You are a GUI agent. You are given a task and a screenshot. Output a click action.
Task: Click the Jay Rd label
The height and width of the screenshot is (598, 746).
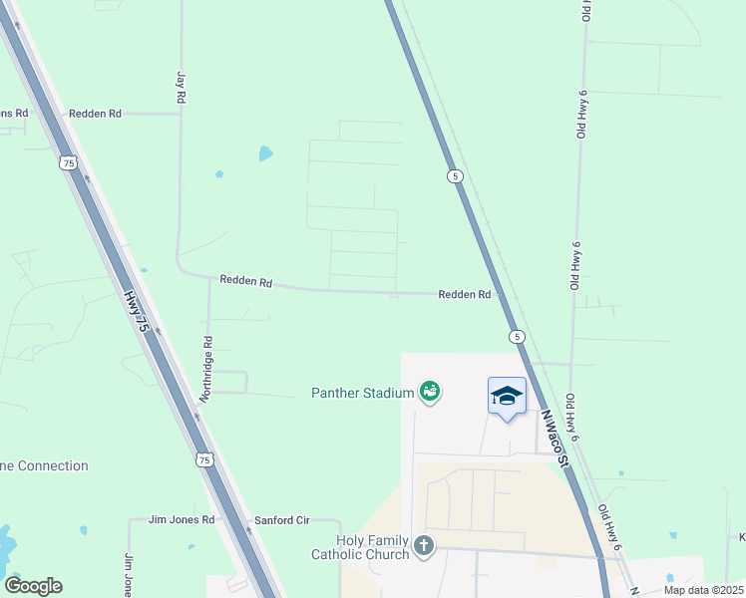coord(182,88)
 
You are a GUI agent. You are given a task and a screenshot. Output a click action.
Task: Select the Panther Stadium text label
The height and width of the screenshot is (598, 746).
coord(362,393)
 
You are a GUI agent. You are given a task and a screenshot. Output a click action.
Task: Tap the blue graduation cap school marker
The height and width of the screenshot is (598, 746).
coord(507,397)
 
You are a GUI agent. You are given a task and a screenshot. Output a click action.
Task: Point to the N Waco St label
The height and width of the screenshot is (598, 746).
coord(555,440)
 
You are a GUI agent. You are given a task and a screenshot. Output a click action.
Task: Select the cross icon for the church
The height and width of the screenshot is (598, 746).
coord(424,545)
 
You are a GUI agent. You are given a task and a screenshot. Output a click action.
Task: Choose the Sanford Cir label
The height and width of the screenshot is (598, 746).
coord(282,520)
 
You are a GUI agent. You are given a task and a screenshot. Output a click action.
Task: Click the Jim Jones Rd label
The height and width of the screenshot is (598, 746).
coord(182,520)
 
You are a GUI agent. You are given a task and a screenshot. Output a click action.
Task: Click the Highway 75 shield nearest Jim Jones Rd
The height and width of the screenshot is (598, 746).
coord(204,459)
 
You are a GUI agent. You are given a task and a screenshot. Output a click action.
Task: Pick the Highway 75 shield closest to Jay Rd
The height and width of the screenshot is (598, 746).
coord(68,162)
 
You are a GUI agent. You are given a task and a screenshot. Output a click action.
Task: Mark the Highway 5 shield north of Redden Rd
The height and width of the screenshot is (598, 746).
coord(455,176)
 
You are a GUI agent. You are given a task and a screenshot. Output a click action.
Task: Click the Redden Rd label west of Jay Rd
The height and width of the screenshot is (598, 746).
coord(95,114)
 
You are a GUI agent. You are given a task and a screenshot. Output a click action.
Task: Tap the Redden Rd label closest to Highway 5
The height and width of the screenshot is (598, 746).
coord(465,295)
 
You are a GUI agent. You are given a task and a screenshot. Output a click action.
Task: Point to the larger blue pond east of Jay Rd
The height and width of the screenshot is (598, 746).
coord(265,153)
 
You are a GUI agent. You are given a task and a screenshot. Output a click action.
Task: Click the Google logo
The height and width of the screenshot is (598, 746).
coord(33,586)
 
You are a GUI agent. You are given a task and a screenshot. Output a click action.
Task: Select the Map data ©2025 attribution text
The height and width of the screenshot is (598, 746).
coord(703,590)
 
